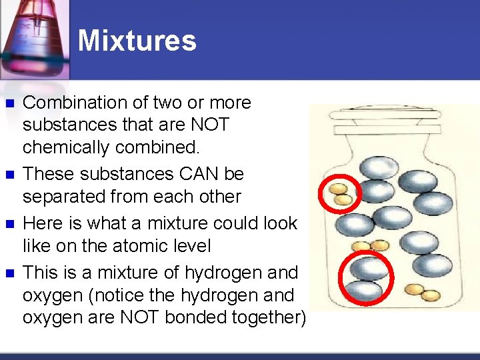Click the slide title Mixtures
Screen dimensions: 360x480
[137, 41]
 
